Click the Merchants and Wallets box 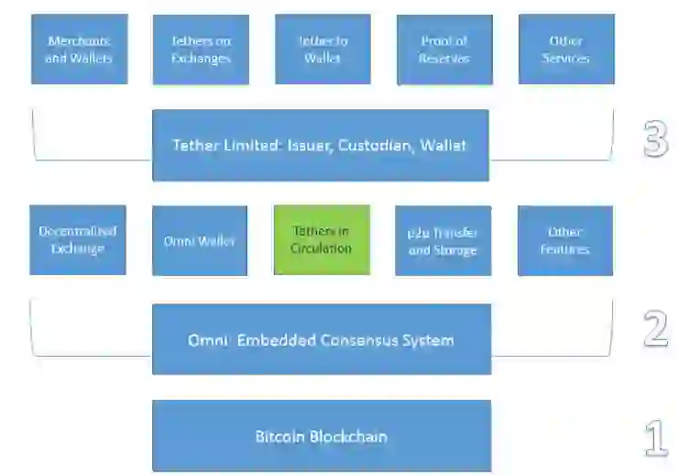coord(78,50)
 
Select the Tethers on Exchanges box coord(200,50)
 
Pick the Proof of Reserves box coord(444,50)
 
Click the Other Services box coord(565,50)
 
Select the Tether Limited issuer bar coord(320,145)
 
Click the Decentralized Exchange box coord(78,240)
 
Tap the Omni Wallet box coord(200,240)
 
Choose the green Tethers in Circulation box coord(321,240)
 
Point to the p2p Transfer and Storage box coord(443,240)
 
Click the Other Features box coord(564,240)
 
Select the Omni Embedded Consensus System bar coord(321,339)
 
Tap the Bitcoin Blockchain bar coord(321,436)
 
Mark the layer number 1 coord(656,438)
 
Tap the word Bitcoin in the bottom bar coord(279,436)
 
